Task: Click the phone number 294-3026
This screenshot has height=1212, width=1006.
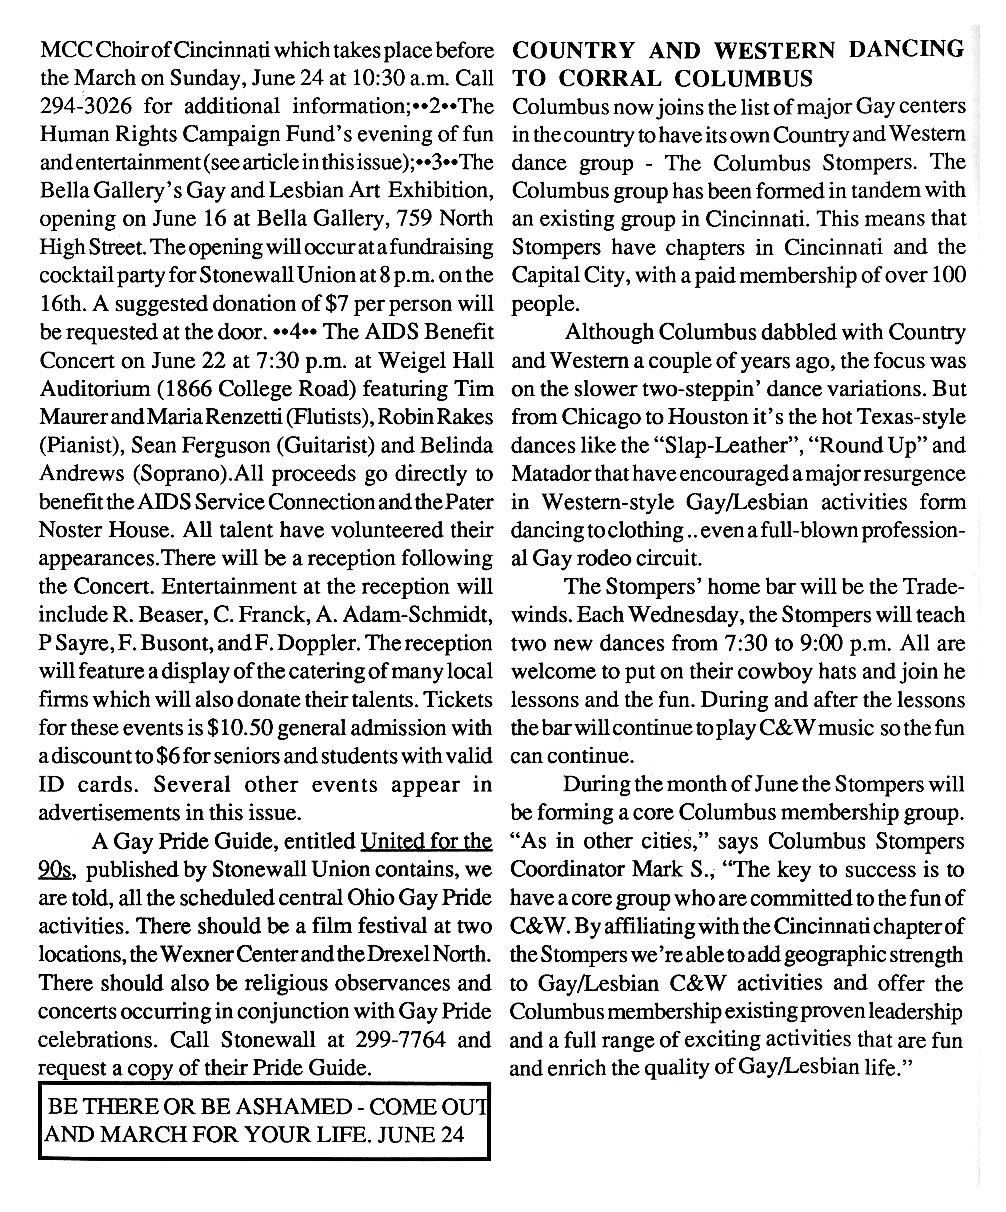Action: tap(85, 106)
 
